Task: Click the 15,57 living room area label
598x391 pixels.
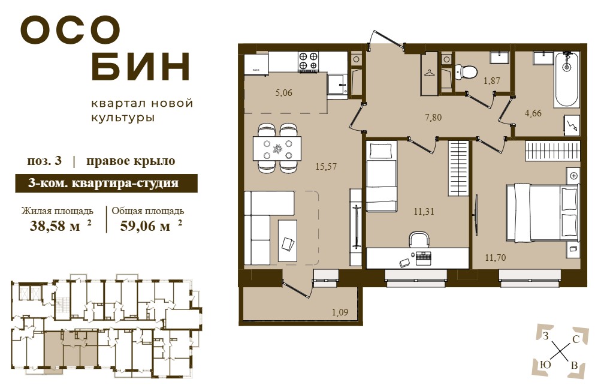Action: coord(326,167)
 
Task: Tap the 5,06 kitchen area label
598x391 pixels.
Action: coord(284,93)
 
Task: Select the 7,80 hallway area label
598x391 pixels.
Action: coord(433,117)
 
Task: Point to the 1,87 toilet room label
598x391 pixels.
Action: coord(491,81)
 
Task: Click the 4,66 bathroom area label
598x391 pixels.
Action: coord(533,113)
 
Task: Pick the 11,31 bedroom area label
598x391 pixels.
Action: coord(424,212)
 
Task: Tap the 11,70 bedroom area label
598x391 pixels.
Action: coord(496,258)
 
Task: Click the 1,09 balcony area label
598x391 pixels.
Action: coord(340,312)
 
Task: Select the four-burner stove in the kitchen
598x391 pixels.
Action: coord(308,61)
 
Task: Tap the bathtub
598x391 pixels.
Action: coord(567,79)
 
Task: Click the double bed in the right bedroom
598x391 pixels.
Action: coord(542,213)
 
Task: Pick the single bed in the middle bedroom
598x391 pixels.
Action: coord(382,176)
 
